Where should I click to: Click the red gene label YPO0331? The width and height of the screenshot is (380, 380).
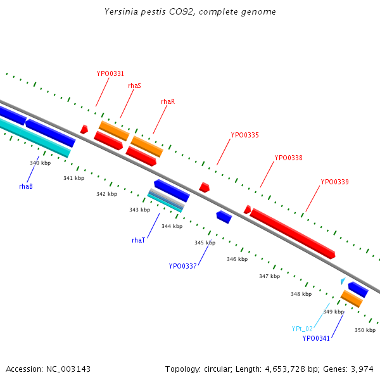pos(110,73)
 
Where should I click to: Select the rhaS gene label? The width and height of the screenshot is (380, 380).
pos(134,85)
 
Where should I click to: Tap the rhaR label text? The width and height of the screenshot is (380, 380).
pos(167,101)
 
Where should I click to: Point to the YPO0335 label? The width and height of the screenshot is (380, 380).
pos(244,135)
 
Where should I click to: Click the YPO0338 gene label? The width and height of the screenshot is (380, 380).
pos(288,158)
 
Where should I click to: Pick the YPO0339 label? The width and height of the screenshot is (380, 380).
pos(334,182)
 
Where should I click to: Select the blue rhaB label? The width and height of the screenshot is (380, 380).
pos(26,186)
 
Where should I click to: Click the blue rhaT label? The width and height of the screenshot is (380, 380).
pos(138,240)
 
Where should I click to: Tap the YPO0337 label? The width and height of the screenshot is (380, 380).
pos(182,266)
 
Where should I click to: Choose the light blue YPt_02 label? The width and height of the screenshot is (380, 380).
pos(302,329)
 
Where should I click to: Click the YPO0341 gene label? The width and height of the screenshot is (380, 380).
pos(316,338)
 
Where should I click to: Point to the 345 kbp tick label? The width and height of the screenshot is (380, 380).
pos(205,243)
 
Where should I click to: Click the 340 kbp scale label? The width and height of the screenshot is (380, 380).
pos(40,163)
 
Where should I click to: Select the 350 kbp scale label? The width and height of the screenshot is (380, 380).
pos(365,330)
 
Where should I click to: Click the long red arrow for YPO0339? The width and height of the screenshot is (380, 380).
pos(292,232)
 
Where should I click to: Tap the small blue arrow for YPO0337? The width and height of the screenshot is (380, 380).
pos(224,217)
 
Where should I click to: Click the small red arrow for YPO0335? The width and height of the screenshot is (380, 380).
pos(204,187)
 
